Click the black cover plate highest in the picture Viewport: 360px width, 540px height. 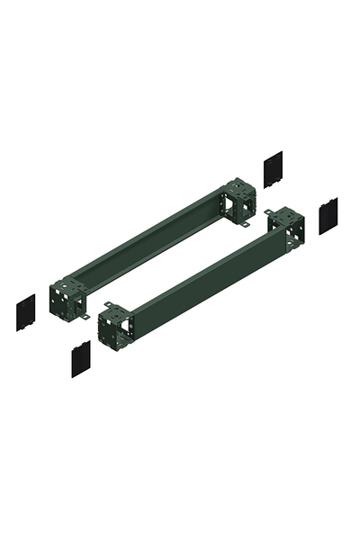(271, 168)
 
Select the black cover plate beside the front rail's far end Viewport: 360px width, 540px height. (328, 215)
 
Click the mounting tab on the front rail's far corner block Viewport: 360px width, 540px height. (269, 212)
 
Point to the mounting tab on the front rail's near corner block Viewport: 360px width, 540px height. (108, 305)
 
